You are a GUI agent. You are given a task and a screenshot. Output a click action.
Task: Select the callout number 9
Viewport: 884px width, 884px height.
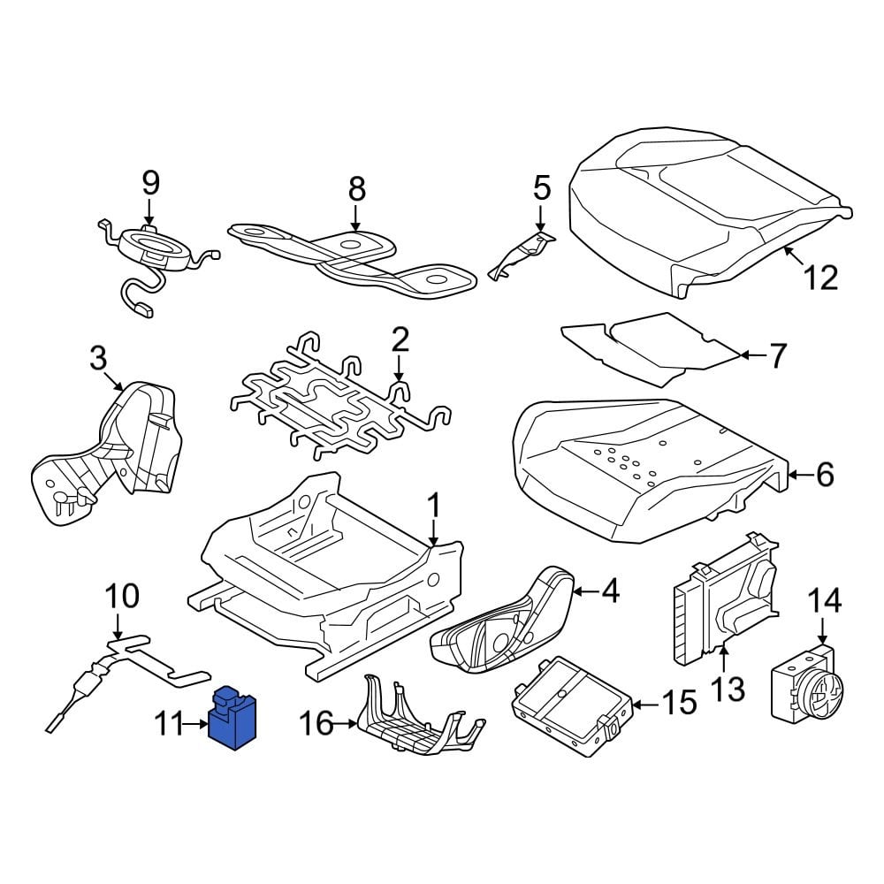pos(150,184)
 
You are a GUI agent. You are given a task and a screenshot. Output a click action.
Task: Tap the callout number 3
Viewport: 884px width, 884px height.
pos(97,359)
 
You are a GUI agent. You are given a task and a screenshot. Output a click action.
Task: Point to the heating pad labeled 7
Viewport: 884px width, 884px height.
pos(650,348)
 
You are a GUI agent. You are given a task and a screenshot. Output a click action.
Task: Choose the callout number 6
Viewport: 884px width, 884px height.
pos(824,476)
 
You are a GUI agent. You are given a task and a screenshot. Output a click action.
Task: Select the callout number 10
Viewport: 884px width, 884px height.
pos(122,597)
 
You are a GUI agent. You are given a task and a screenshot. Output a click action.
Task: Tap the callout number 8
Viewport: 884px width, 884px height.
pos(356,188)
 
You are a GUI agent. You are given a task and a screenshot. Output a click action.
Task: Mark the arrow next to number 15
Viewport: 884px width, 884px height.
pos(645,705)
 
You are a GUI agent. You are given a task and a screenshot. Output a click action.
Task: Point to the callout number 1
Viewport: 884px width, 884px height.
pos(433,507)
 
